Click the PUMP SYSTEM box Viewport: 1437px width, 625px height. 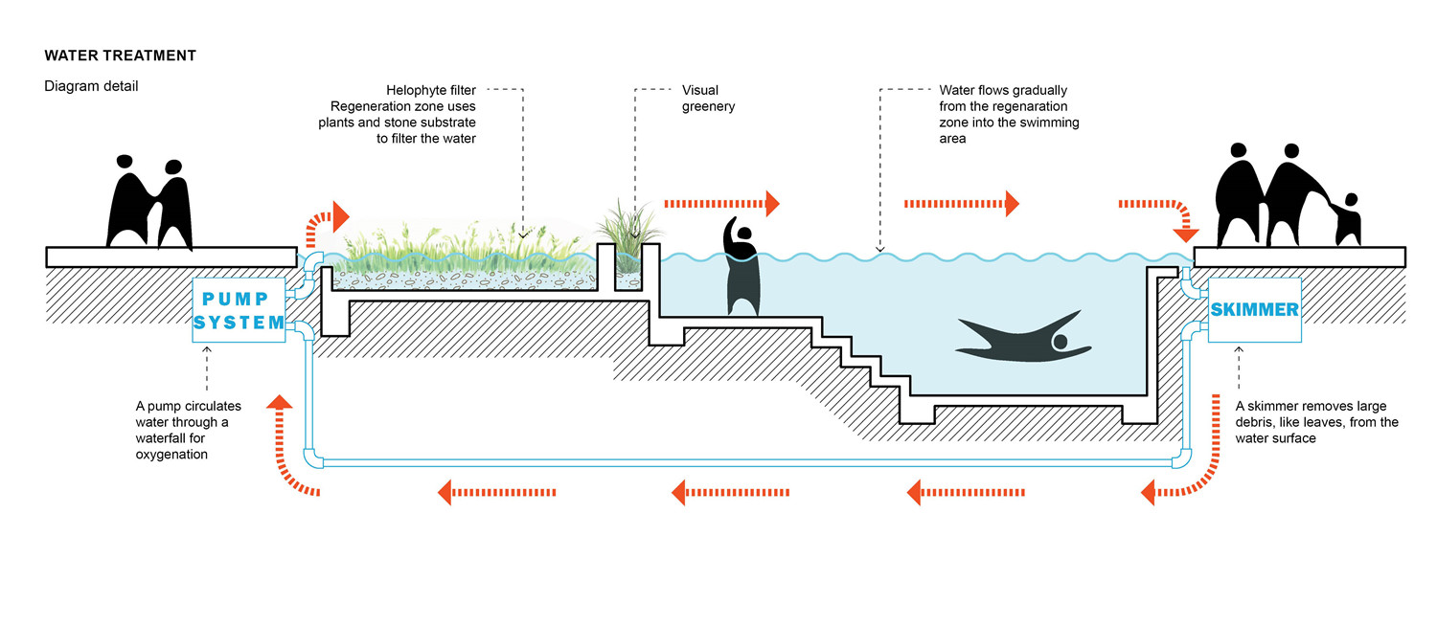point(239,305)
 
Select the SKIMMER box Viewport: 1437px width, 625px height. point(1254,310)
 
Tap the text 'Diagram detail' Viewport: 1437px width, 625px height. point(91,86)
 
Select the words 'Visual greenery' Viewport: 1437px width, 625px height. point(708,99)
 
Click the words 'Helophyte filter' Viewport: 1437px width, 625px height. point(431,90)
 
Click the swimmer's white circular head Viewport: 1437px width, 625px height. point(1060,342)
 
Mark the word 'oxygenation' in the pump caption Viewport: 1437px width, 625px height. point(171,455)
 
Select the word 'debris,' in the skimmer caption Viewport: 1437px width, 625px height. point(1257,422)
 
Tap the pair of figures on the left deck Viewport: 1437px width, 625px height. point(150,202)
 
